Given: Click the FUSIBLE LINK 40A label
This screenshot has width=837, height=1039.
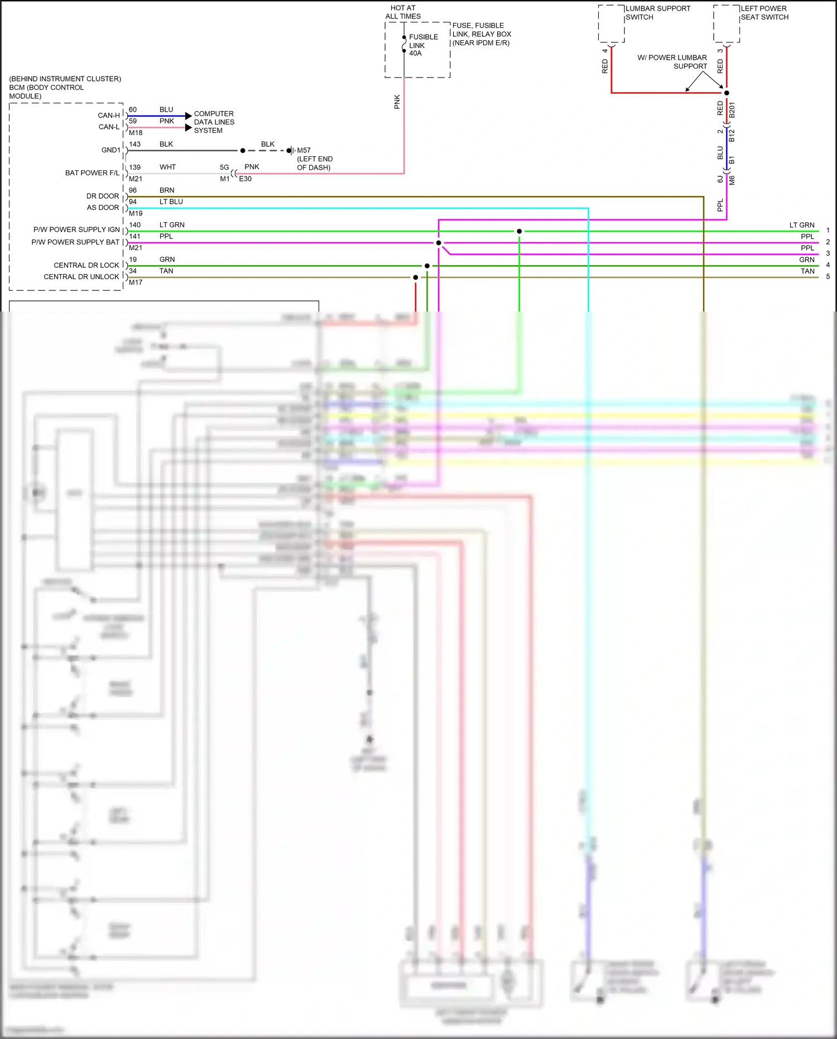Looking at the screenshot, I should click(x=423, y=45).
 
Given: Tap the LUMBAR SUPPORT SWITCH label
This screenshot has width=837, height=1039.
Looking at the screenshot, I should click(x=657, y=13).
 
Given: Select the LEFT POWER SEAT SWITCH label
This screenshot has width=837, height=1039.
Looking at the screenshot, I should click(x=764, y=13).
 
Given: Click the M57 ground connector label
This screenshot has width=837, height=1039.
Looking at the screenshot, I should click(x=304, y=150).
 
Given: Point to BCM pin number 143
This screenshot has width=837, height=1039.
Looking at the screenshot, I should click(x=134, y=144).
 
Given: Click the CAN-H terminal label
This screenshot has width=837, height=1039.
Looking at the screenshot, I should click(x=109, y=116).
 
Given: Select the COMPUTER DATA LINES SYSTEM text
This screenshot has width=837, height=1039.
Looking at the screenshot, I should click(x=214, y=122).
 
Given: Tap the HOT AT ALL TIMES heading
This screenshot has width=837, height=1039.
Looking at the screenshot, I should click(x=403, y=12).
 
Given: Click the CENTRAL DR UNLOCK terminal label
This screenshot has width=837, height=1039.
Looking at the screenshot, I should click(x=81, y=277).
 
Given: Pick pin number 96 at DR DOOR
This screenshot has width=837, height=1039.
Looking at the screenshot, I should click(x=133, y=190).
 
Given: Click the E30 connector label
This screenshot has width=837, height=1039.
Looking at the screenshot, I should click(x=245, y=179).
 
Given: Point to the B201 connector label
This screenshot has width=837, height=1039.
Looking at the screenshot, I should click(x=732, y=109).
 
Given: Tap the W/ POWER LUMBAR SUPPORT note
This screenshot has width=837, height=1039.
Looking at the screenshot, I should click(x=673, y=61).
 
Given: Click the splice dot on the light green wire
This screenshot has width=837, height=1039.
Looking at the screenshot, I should click(x=519, y=231).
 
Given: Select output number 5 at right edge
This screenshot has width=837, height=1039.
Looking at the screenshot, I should click(x=828, y=276).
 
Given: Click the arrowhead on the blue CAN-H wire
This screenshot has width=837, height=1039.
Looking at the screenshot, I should click(x=188, y=116).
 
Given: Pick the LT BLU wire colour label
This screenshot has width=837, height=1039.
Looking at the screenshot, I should click(x=171, y=202).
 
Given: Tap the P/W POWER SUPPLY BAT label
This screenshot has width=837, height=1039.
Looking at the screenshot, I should click(x=75, y=242).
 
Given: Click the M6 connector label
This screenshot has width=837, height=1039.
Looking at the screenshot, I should click(x=732, y=180).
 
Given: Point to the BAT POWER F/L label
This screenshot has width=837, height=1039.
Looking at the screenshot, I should click(x=92, y=173).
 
